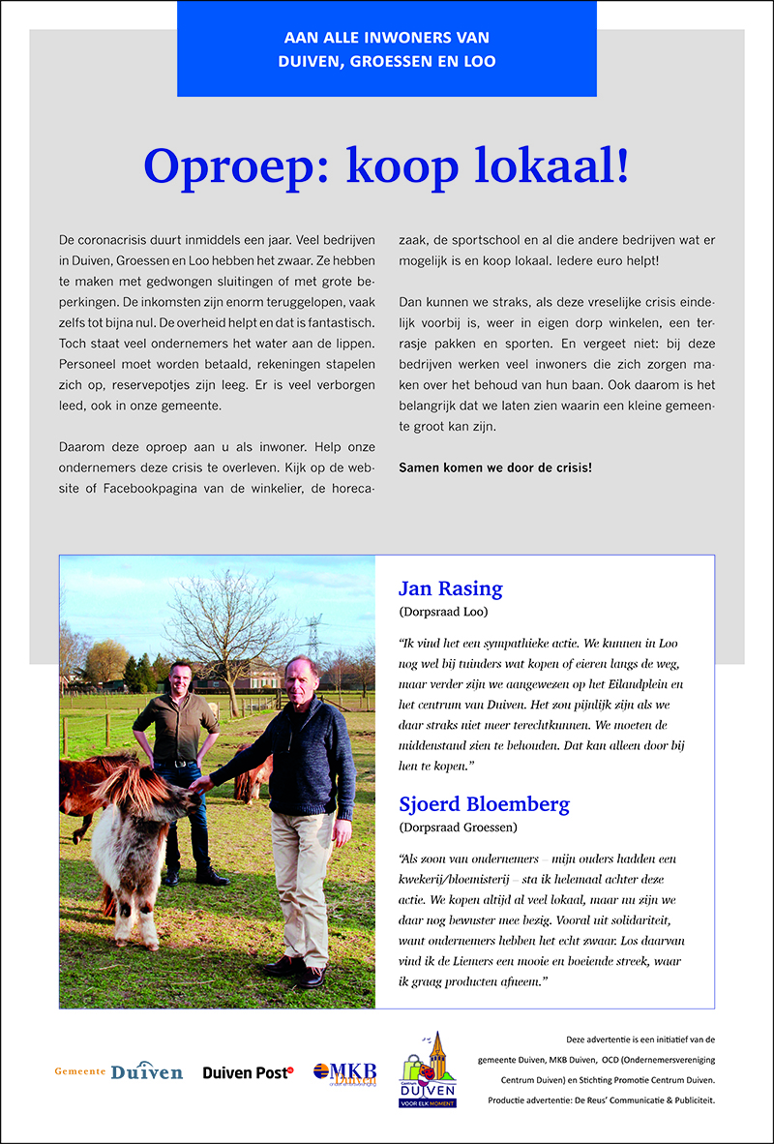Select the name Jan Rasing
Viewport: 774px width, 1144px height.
(x=450, y=588)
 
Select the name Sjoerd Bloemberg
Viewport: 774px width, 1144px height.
(x=484, y=804)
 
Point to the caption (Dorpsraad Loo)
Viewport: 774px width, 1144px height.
(x=443, y=612)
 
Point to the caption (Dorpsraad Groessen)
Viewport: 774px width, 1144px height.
(x=457, y=828)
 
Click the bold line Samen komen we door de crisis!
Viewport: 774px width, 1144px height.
(x=495, y=467)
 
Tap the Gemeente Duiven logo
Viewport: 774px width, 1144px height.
(x=119, y=1071)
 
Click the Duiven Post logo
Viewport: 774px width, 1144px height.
(x=248, y=1072)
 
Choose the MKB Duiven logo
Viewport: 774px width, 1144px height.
(x=344, y=1073)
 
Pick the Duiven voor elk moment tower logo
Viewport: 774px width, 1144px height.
(x=429, y=1069)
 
